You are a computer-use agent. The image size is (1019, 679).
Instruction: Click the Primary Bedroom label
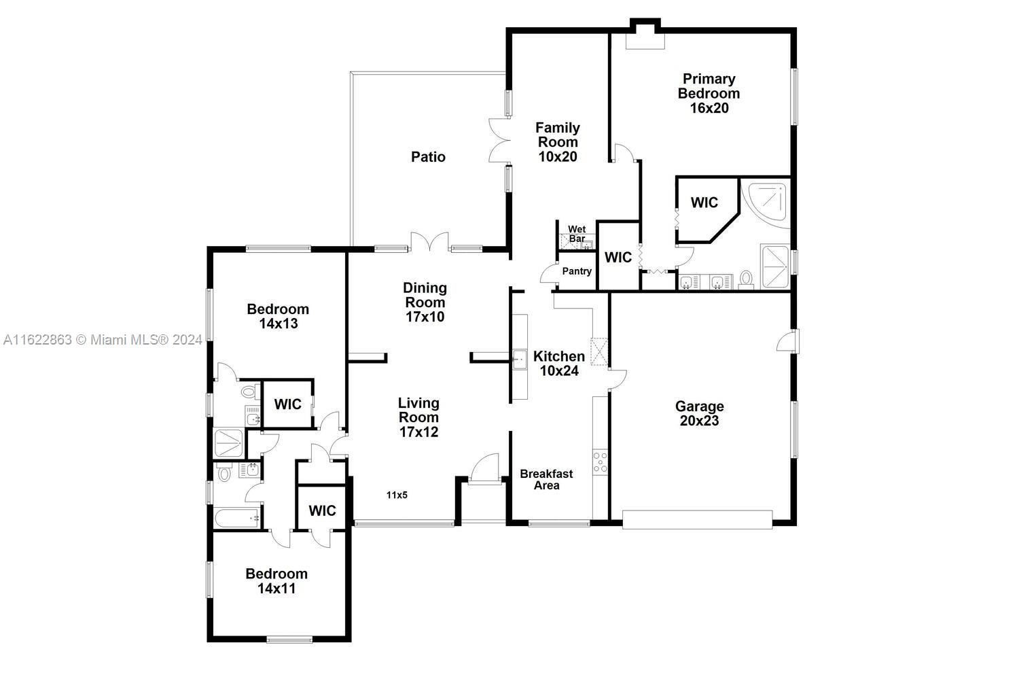pyautogui.click(x=709, y=94)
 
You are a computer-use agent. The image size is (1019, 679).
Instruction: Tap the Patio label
pyautogui.click(x=429, y=157)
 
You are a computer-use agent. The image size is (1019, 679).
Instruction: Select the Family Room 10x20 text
pyautogui.click(x=558, y=142)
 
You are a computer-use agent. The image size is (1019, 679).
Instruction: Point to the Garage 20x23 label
pyautogui.click(x=699, y=413)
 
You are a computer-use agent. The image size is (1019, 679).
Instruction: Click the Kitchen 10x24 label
pyautogui.click(x=559, y=364)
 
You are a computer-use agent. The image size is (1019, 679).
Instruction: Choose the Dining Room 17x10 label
pyautogui.click(x=425, y=302)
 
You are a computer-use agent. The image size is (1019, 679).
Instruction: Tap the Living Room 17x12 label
pyautogui.click(x=418, y=417)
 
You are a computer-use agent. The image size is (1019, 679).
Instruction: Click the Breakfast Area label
pyautogui.click(x=547, y=480)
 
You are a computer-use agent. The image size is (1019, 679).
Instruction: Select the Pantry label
pyautogui.click(x=577, y=271)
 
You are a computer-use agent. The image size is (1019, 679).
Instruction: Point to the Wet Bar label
pyautogui.click(x=577, y=234)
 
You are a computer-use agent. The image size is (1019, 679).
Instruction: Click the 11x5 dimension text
pyautogui.click(x=397, y=495)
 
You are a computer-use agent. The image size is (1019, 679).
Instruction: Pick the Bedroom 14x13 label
pyautogui.click(x=278, y=317)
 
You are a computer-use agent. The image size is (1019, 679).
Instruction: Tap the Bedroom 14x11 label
pyautogui.click(x=276, y=581)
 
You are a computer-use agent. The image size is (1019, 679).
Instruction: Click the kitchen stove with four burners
pyautogui.click(x=600, y=462)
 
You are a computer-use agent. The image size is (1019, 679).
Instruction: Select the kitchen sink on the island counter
pyautogui.click(x=520, y=359)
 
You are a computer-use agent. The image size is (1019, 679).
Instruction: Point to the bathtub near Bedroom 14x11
pyautogui.click(x=238, y=519)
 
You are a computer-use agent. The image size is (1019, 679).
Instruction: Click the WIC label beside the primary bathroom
pyautogui.click(x=704, y=203)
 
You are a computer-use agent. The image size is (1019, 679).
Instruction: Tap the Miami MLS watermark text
pyautogui.click(x=103, y=339)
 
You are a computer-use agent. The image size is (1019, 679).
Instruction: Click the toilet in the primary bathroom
pyautogui.click(x=746, y=279)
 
